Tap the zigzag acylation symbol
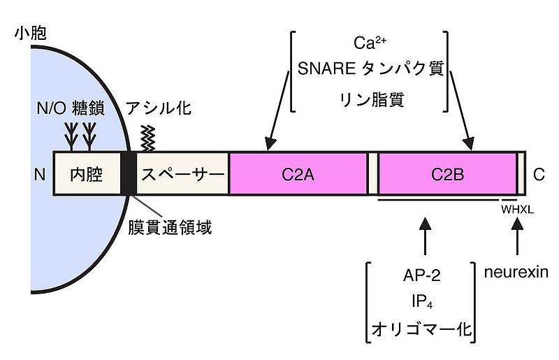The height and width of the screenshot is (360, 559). point(147,137)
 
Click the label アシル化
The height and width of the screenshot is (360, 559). point(158,108)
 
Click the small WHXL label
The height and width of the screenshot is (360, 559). point(517,208)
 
